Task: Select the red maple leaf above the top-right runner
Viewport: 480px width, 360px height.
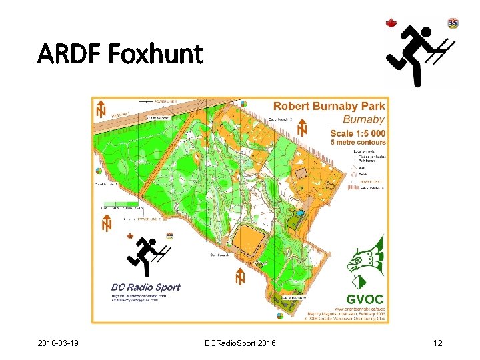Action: [x=391, y=25]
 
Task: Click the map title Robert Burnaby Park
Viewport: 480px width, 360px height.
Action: [x=329, y=107]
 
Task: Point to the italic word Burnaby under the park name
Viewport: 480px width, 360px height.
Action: [x=363, y=120]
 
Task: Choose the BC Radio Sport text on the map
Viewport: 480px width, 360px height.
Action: [x=145, y=287]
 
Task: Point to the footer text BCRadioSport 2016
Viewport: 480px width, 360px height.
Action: [x=242, y=343]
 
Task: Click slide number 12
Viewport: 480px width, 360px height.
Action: [x=437, y=343]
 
